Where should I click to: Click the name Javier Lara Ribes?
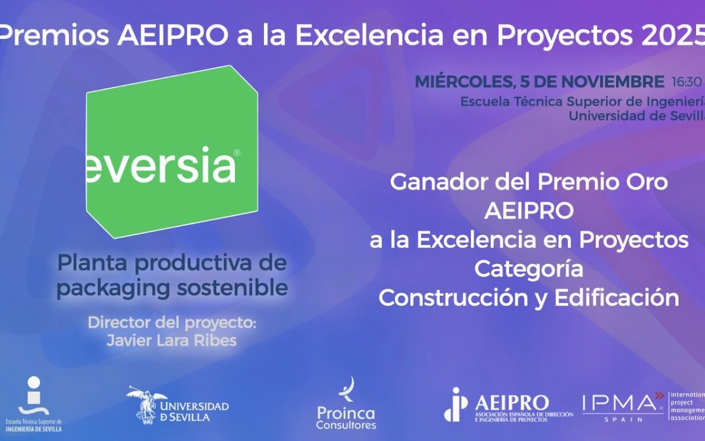[x=171, y=340]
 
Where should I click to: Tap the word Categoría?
[x=529, y=269]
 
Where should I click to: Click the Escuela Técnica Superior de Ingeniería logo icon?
[x=33, y=395]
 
